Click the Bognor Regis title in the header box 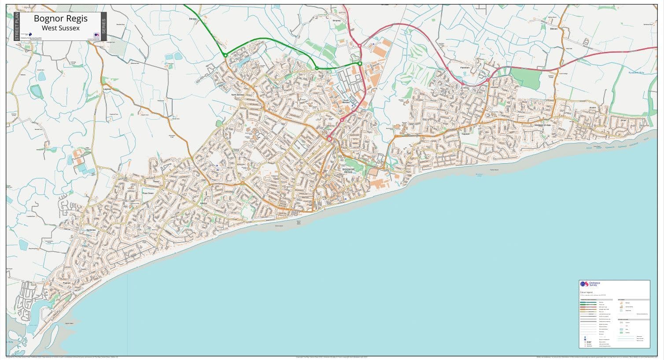tap(61, 19)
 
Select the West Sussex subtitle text tap(61, 28)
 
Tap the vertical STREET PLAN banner tap(17, 26)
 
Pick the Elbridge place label tap(193, 19)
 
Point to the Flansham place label tap(465, 68)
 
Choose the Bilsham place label tap(553, 29)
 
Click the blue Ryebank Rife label tap(635, 72)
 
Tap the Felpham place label tap(466, 134)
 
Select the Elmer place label tap(623, 119)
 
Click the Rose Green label tap(148, 193)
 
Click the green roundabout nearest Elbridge tap(225, 55)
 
